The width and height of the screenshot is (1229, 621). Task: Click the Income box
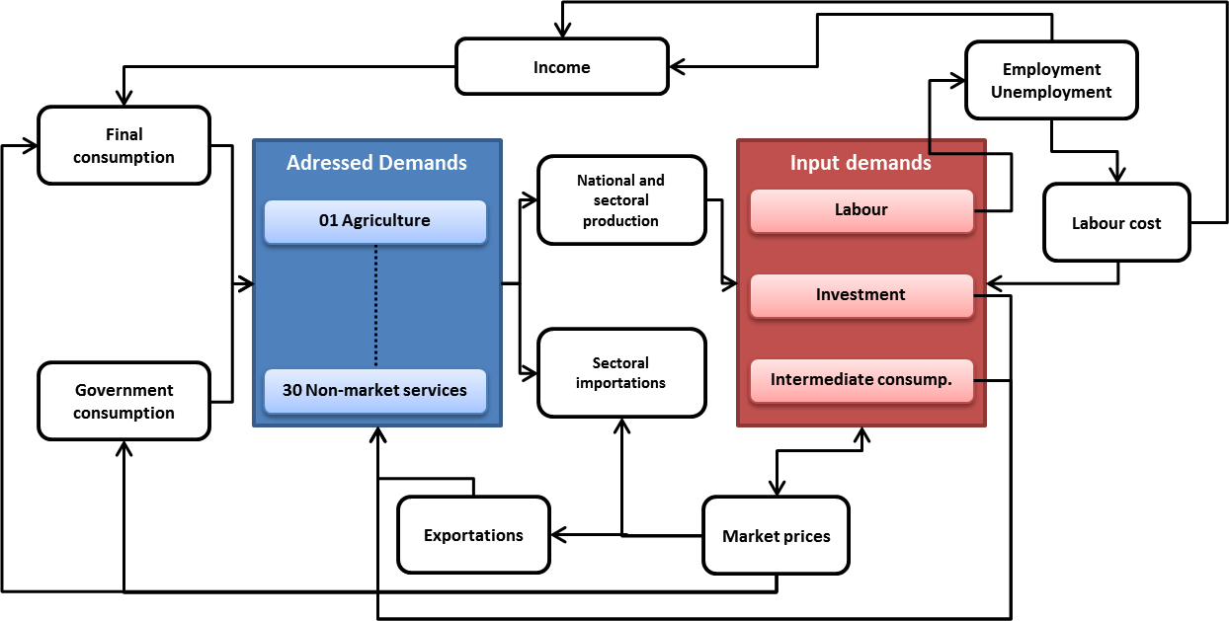[x=562, y=66]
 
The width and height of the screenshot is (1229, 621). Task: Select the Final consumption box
[x=124, y=145]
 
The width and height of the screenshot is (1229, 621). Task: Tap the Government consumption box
[x=124, y=401]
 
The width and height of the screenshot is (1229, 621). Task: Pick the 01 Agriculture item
[x=375, y=221]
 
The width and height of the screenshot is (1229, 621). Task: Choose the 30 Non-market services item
[x=375, y=390]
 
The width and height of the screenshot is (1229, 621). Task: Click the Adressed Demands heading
[x=376, y=162]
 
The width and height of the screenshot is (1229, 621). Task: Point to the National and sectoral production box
[x=621, y=200]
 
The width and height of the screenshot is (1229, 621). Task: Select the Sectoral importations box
[x=621, y=373]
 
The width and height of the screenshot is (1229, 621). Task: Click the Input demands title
[x=860, y=162]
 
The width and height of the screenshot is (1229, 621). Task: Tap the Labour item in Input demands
[x=861, y=210]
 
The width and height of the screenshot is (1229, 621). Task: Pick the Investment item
[x=861, y=295]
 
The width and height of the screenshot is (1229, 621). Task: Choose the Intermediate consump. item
[x=861, y=380]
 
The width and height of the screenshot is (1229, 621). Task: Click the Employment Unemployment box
[x=1051, y=80]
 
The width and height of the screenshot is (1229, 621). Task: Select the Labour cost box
[x=1116, y=222]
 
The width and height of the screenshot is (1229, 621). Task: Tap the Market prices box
[x=777, y=535]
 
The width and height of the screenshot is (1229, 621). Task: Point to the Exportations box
[x=473, y=535]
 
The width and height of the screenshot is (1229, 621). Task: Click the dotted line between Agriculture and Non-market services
[x=375, y=306]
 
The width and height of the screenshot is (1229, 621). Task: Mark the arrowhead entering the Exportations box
[x=557, y=534]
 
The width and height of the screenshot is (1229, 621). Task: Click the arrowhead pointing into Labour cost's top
[x=1117, y=176]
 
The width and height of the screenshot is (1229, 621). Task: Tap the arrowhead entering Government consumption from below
[x=124, y=448]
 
